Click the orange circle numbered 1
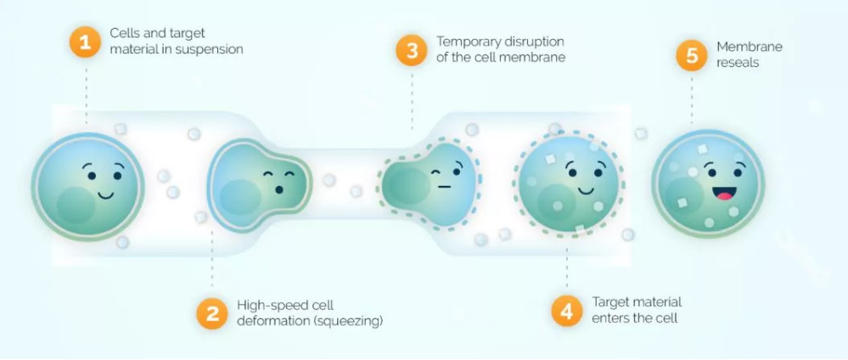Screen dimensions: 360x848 tap(85, 41)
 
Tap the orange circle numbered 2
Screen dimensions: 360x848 tap(211, 312)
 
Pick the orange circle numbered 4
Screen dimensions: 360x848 tap(566, 310)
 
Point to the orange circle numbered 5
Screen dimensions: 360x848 tap(692, 55)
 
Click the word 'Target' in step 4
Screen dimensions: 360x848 tap(610, 302)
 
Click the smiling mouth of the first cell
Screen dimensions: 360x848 tap(105, 194)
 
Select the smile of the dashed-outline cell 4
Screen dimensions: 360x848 tap(585, 189)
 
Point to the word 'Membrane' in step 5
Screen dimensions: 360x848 tap(749, 48)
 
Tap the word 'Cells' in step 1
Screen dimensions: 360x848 tap(124, 33)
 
